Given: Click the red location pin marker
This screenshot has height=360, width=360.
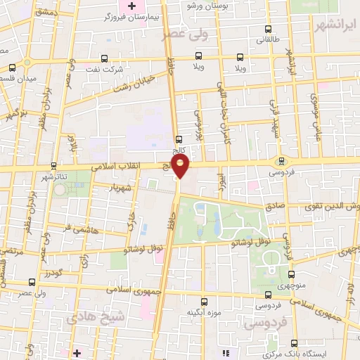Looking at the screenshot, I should pos(181,166).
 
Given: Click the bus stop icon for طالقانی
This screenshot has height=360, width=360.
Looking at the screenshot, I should pos(268,30).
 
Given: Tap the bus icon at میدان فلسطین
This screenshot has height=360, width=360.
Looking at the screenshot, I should pos(12,68).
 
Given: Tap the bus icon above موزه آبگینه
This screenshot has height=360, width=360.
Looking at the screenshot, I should pos(204,300).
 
